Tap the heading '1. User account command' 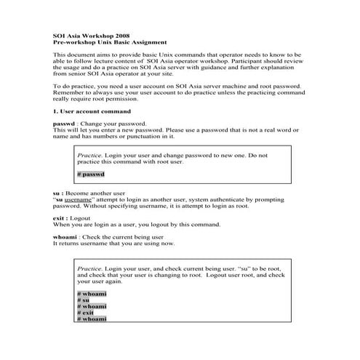[x=92, y=111]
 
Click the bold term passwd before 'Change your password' [x=64, y=124]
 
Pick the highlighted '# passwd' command [x=91, y=175]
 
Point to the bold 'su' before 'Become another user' [x=57, y=193]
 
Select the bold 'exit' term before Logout [x=60, y=218]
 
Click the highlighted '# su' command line [x=83, y=300]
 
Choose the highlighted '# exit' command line [x=85, y=312]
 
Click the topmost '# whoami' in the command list [x=91, y=293]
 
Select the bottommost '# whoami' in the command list [x=91, y=319]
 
